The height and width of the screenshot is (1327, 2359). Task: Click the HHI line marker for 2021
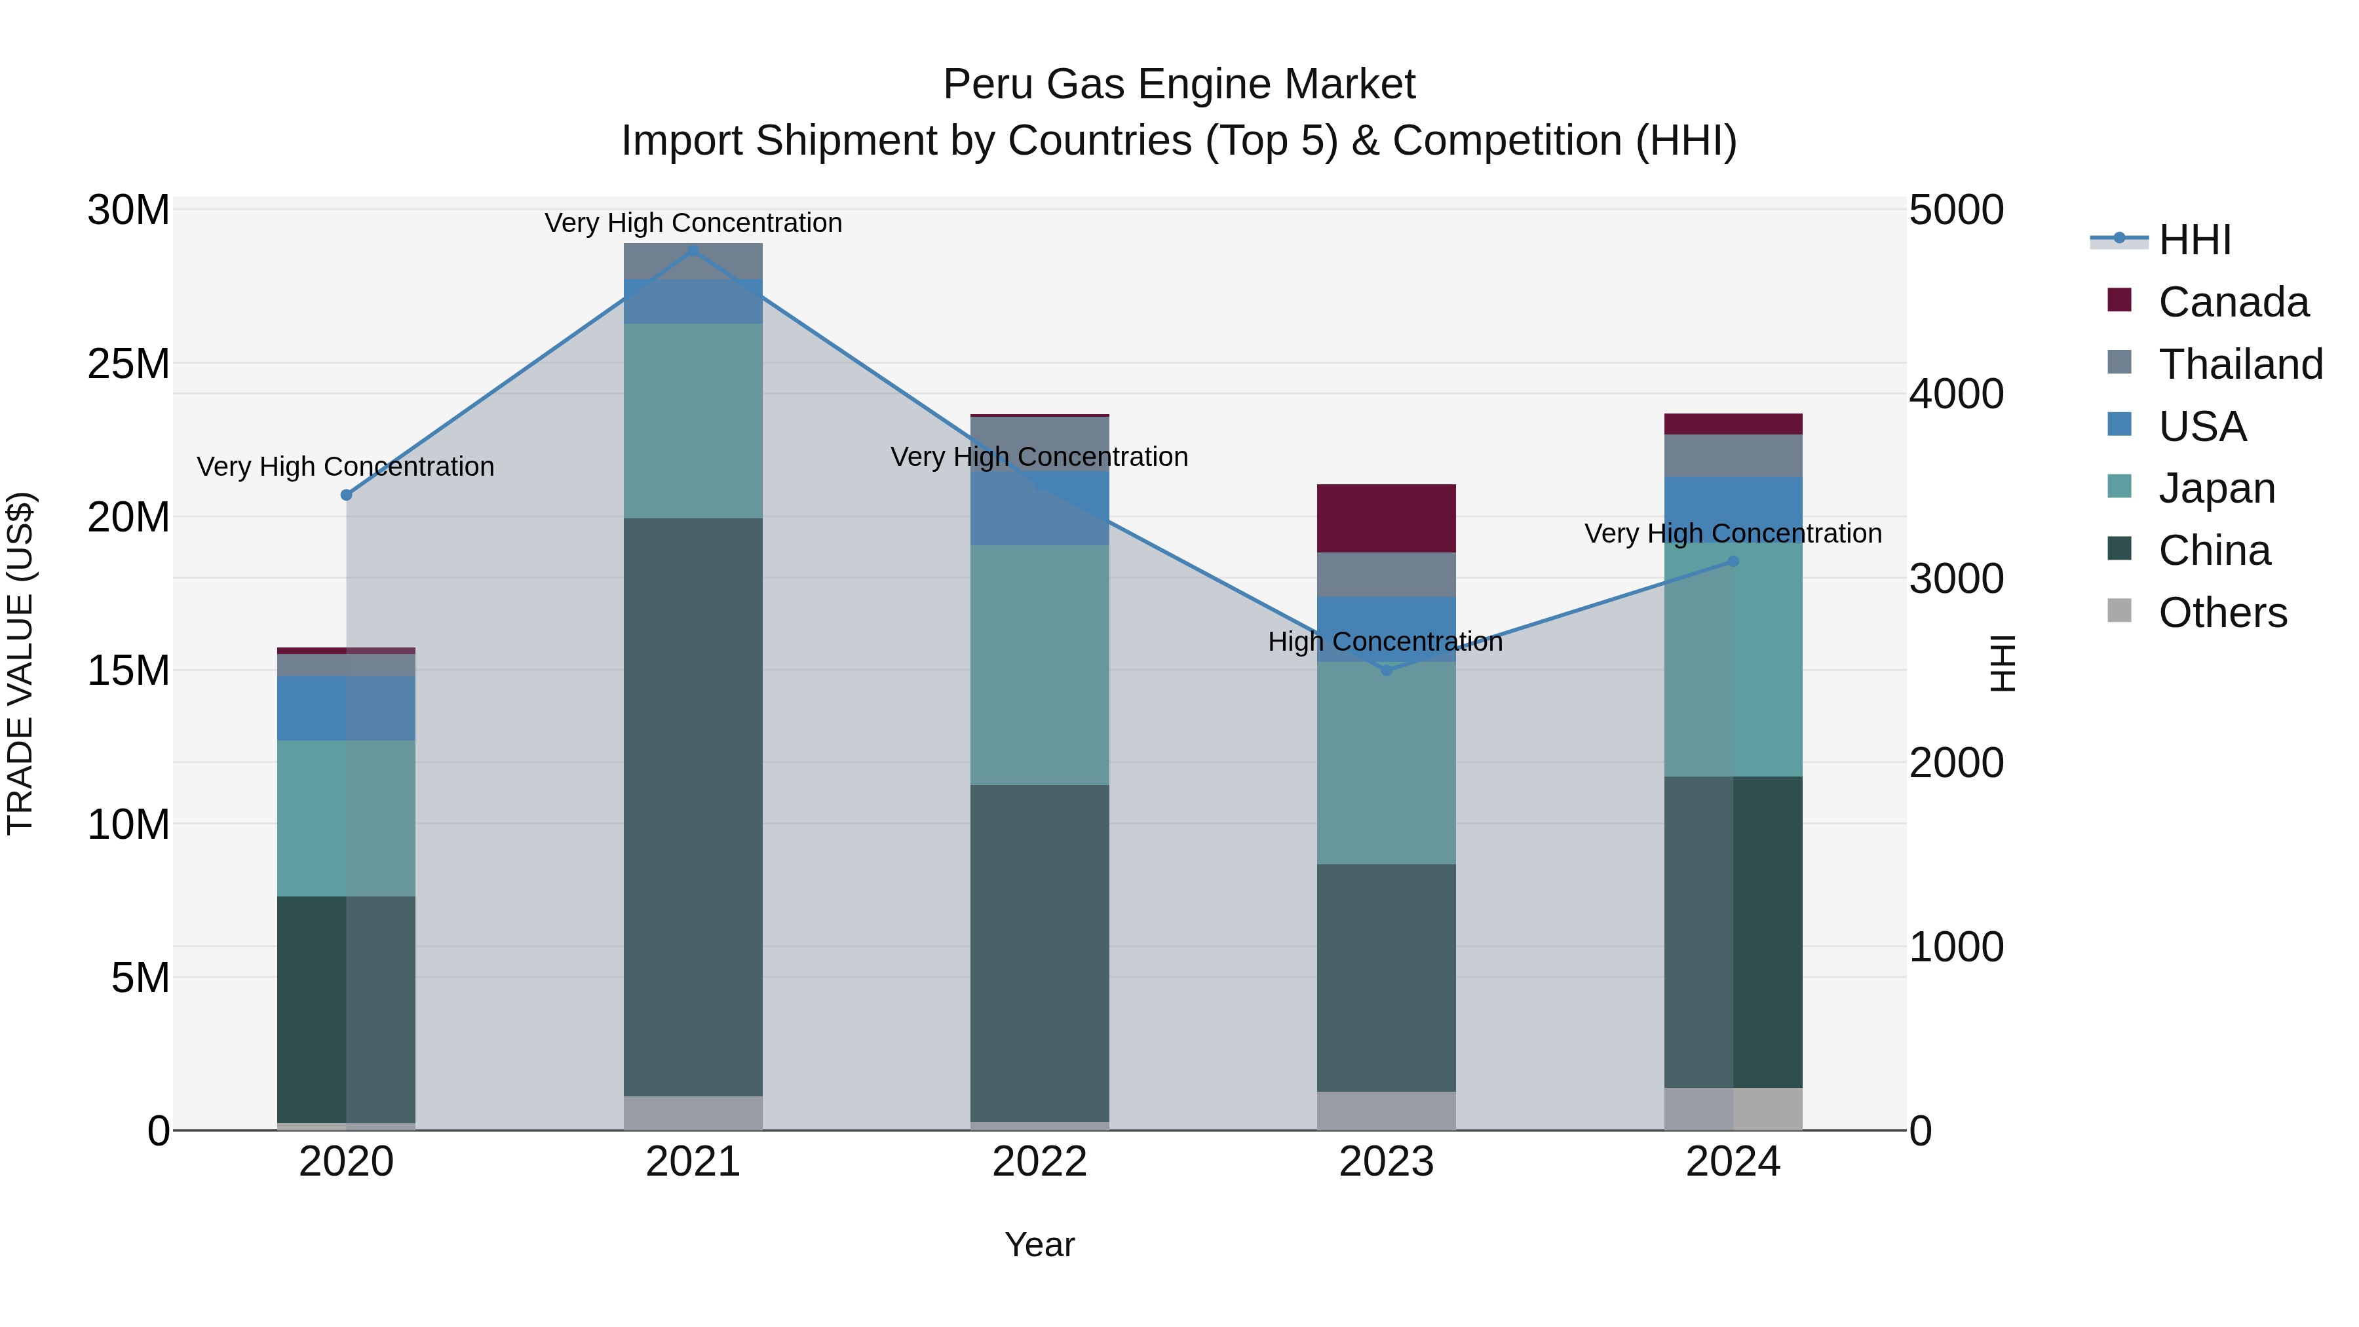click(x=693, y=251)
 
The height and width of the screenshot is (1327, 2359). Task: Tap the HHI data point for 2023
click(x=1387, y=670)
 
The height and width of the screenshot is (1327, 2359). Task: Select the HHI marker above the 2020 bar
click(x=346, y=495)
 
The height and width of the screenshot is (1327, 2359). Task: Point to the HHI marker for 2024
click(x=1733, y=562)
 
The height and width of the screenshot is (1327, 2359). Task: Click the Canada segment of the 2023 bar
click(x=1387, y=518)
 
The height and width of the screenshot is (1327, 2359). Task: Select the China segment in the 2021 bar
click(x=693, y=806)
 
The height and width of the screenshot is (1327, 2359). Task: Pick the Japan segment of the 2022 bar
click(x=1039, y=665)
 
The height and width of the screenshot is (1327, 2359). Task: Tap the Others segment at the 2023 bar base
click(x=1387, y=1110)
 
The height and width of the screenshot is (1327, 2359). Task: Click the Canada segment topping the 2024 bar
click(x=1733, y=424)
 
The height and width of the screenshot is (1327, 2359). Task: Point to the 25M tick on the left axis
click(x=128, y=364)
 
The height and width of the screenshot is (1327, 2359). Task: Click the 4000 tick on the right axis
click(x=1957, y=394)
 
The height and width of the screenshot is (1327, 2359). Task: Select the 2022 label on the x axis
click(x=1039, y=1162)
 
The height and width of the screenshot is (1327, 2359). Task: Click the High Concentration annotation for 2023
click(x=1385, y=642)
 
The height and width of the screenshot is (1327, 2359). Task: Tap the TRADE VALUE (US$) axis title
click(x=20, y=663)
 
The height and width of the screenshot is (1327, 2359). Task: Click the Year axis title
click(x=1039, y=1244)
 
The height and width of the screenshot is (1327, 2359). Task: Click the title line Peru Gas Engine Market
click(x=1179, y=85)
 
